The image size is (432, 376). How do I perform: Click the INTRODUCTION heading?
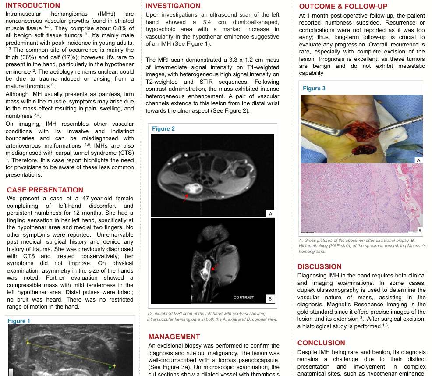coord(33,6)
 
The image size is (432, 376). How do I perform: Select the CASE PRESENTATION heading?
coord(45,190)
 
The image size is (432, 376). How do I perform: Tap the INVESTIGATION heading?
coord(173,6)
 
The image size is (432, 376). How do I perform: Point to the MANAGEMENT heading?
coord(174,337)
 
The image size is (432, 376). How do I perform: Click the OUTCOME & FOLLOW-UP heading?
coord(343,7)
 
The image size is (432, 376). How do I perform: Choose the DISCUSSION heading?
coord(319,267)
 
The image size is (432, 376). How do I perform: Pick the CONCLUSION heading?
coord(321,343)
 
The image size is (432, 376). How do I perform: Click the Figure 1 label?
coord(19,321)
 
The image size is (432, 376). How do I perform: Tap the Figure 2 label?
coord(163,128)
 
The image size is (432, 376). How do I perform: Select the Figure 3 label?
coord(314,88)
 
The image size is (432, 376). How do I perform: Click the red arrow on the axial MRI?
coord(186,199)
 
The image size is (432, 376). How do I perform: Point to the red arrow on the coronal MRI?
coord(214,266)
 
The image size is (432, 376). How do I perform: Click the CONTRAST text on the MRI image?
coord(244,298)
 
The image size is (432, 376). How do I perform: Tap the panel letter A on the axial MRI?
coord(270,213)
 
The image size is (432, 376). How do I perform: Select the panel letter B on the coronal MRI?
coord(270,299)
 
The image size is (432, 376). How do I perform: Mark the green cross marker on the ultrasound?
coord(110,367)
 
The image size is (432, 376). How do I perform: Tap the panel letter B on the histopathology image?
coord(420,230)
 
